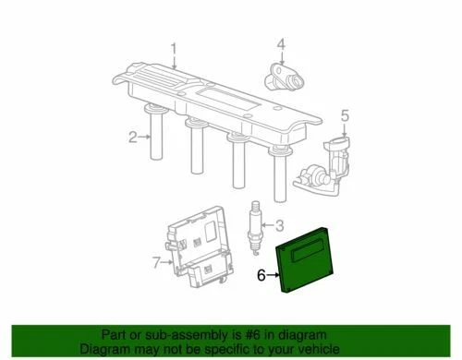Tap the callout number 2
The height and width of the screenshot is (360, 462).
[132, 138]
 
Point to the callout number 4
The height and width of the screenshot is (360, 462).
[281, 43]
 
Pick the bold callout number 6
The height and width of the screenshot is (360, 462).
[261, 274]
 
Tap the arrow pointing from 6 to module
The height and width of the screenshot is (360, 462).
[274, 274]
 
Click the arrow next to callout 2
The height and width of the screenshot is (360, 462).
[144, 138]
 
